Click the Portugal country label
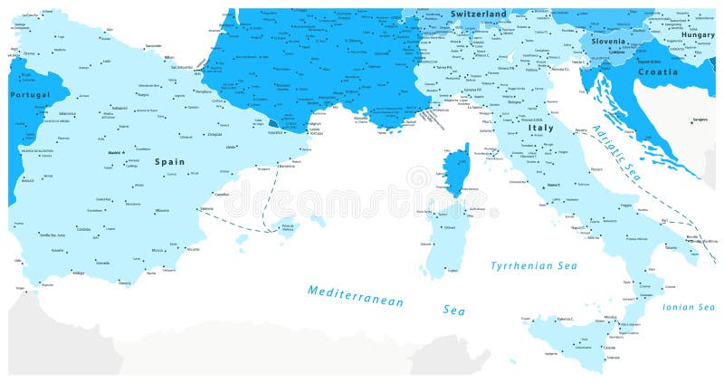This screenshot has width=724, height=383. (x=29, y=94)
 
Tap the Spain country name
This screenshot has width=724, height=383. (x=169, y=161)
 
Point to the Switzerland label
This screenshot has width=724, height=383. (x=479, y=14)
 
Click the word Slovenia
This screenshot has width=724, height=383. (x=608, y=42)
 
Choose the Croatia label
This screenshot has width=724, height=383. (x=657, y=71)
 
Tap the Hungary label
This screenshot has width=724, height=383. (x=697, y=34)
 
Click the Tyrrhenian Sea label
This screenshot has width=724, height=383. (x=533, y=265)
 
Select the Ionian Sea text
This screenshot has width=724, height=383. (x=689, y=307)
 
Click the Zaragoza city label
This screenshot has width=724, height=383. (x=214, y=134)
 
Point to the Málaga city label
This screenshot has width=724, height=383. (x=79, y=273)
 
